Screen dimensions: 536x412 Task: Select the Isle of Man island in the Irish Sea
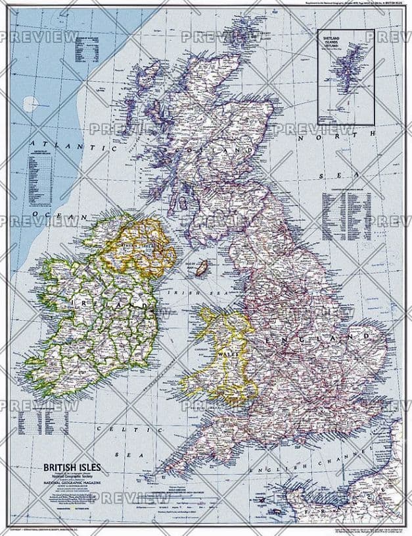[204, 267]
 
